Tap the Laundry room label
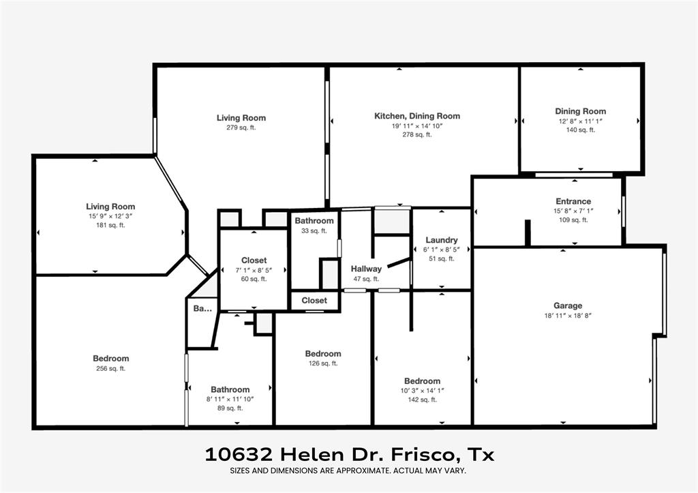(x=441, y=240)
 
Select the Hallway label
(x=366, y=269)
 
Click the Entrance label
(x=573, y=201)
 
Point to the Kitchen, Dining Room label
(x=417, y=116)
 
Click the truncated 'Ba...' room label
(x=202, y=309)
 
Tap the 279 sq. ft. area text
(x=241, y=128)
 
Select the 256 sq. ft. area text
(x=110, y=368)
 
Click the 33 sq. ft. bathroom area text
(x=314, y=230)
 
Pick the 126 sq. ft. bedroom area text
(x=323, y=363)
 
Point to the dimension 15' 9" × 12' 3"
(x=110, y=216)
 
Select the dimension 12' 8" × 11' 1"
(x=580, y=121)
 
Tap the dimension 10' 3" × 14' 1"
(x=422, y=391)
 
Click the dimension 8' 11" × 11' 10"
(x=230, y=399)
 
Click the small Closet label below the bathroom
(x=314, y=300)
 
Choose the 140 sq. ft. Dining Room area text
(x=580, y=130)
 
